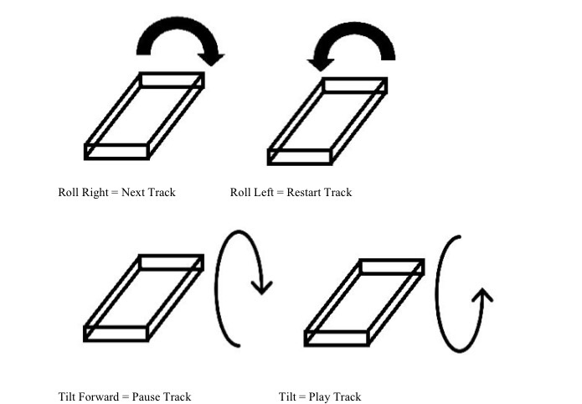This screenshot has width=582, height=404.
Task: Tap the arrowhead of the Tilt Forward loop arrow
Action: click(x=263, y=287)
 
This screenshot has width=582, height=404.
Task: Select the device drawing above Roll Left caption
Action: click(x=327, y=121)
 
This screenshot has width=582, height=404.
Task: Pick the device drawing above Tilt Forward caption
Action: click(x=144, y=298)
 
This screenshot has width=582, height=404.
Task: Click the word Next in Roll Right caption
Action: click(x=134, y=193)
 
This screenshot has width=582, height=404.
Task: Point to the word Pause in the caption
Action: click(x=146, y=396)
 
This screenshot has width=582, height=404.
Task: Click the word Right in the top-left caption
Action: click(x=95, y=193)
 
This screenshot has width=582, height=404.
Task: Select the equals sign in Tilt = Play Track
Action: click(x=303, y=396)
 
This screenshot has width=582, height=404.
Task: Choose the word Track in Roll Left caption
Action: click(x=339, y=193)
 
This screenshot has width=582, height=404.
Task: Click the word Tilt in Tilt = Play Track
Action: click(x=289, y=396)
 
